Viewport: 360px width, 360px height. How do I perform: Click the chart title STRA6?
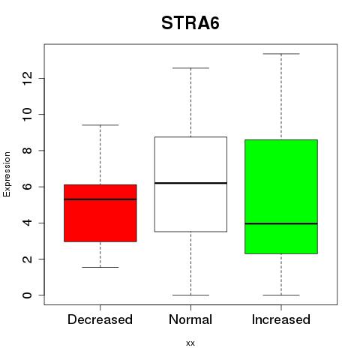[190, 23]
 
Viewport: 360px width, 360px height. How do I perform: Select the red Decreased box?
[100, 213]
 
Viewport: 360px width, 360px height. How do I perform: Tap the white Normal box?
[190, 184]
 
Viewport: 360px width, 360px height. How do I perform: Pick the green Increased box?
[281, 196]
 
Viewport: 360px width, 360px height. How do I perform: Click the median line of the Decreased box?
[100, 199]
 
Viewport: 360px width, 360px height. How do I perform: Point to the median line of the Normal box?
[190, 183]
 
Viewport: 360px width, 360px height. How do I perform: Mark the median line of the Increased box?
[281, 223]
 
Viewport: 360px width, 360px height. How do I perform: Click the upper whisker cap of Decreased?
[100, 125]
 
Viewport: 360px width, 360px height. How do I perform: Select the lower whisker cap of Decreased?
[100, 267]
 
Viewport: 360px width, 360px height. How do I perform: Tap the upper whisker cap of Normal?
[190, 68]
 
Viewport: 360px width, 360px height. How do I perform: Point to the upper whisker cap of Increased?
[281, 54]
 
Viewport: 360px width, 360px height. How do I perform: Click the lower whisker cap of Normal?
[190, 295]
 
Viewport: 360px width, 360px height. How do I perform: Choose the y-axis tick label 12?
[28, 78]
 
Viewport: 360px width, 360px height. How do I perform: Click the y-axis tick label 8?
[28, 151]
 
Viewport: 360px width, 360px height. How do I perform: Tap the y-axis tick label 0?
[28, 295]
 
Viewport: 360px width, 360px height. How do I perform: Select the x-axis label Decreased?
[100, 319]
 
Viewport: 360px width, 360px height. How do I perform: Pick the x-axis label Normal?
[190, 319]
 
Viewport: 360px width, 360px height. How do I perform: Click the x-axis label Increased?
[281, 319]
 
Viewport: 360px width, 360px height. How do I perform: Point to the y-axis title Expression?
[7, 174]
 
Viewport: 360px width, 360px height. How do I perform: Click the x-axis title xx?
[190, 343]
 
